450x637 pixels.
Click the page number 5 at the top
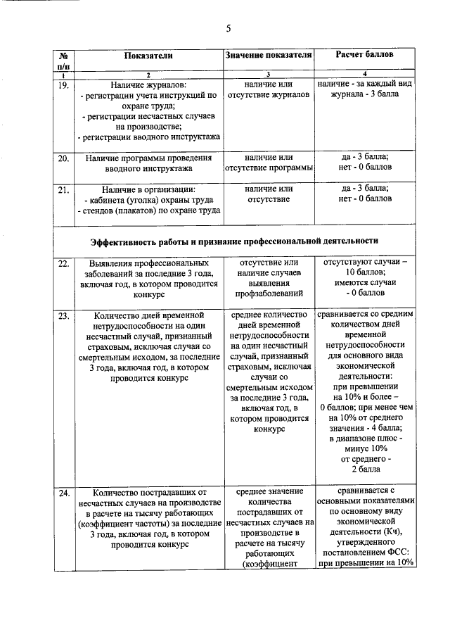[x=228, y=28]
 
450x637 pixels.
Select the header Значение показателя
[x=268, y=54]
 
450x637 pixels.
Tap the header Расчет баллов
[x=364, y=54]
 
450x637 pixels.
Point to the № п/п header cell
[x=63, y=60]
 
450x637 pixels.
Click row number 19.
[x=63, y=86]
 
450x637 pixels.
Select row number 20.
[x=63, y=158]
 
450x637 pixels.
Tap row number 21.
[x=63, y=189]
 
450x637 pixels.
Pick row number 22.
[x=63, y=263]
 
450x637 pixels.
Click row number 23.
[x=63, y=316]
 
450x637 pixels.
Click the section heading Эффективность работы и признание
[x=234, y=241]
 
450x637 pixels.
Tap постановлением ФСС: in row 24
[x=365, y=552]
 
